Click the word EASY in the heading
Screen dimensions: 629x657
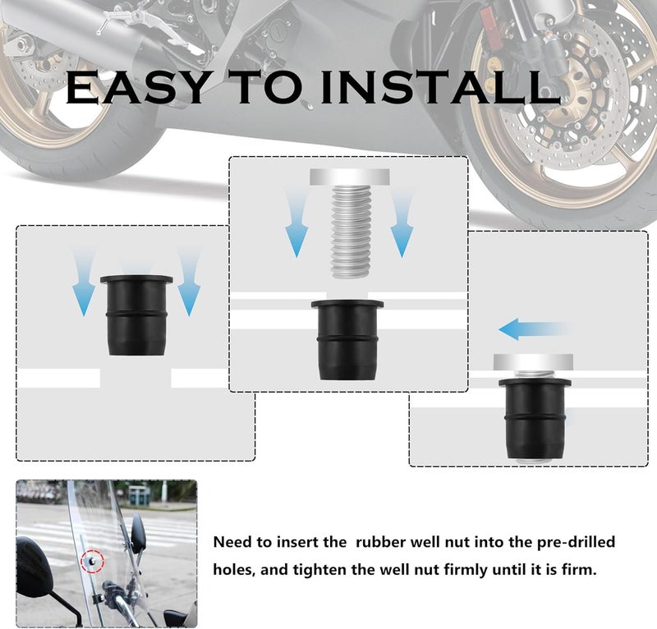coord(131,88)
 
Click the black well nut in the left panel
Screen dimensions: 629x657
coord(136,315)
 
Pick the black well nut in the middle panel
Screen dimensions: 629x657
coord(347,340)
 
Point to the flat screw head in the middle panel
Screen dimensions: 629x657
coord(348,177)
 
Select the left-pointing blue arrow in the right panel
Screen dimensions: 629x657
coord(531,330)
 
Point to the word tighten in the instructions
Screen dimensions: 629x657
coord(315,568)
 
